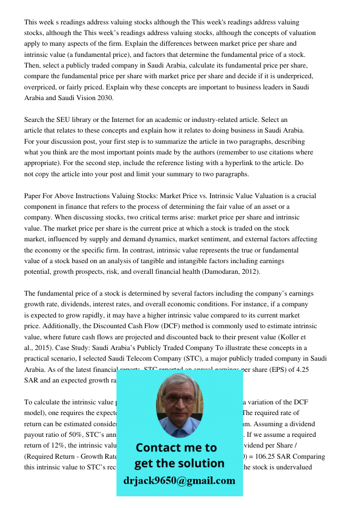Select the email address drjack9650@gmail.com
pyautogui.click(x=179, y=481)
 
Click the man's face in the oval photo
pyautogui.click(x=179, y=404)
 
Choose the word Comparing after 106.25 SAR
pyautogui.click(x=308, y=456)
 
